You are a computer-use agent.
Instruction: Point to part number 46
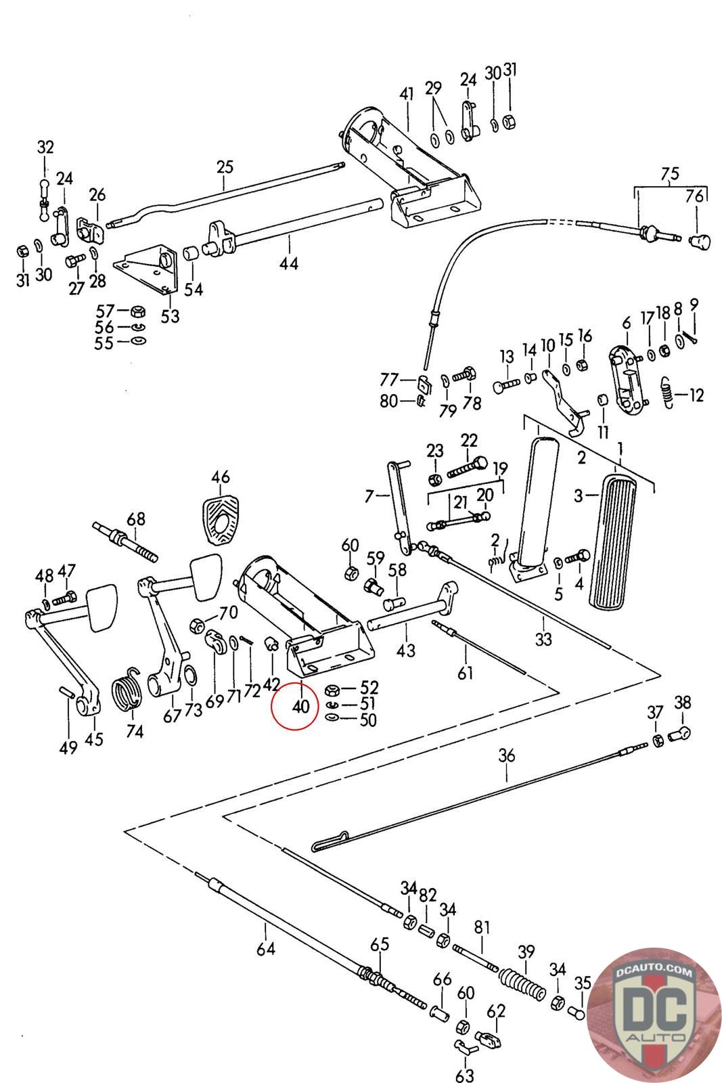click(220, 477)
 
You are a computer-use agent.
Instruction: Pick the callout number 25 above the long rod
click(225, 167)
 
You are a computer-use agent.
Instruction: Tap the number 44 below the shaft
click(289, 263)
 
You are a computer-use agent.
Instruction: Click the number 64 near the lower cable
click(266, 948)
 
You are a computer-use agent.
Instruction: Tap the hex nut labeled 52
click(333, 690)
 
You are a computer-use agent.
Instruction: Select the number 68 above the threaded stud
click(136, 519)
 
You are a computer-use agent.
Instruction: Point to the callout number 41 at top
click(406, 94)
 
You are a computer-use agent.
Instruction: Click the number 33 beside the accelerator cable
click(543, 638)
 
